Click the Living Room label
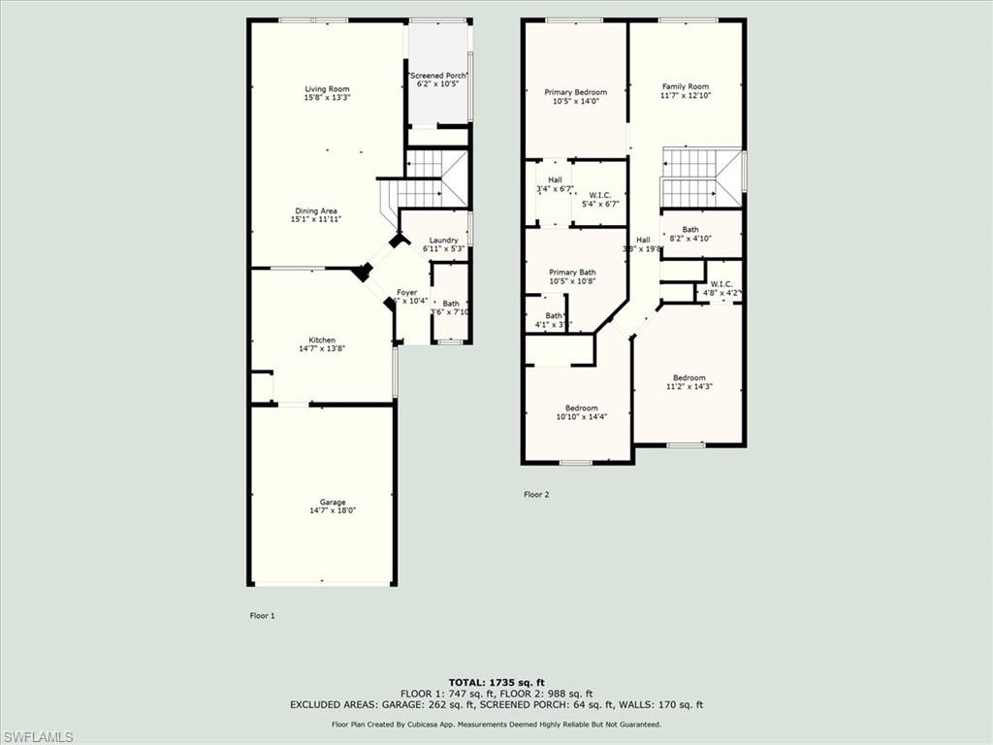click(327, 89)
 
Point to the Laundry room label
click(443, 240)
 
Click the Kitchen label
click(322, 340)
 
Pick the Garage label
click(333, 502)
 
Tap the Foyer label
click(407, 292)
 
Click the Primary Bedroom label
click(575, 92)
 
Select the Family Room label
click(686, 86)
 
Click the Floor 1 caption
click(263, 615)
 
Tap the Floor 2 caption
click(536, 495)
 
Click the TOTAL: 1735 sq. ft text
click(496, 682)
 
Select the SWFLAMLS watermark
click(37, 736)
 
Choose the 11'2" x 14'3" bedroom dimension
click(689, 386)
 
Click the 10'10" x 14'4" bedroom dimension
click(580, 417)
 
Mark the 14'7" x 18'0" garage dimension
click(333, 510)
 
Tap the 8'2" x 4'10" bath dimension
click(689, 239)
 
